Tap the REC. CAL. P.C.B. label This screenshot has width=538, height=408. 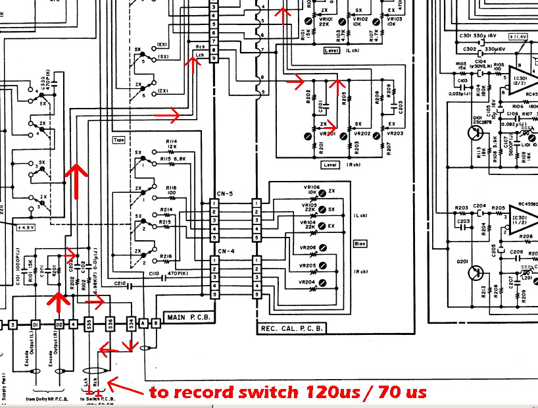click(x=287, y=329)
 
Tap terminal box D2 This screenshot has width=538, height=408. click(x=59, y=324)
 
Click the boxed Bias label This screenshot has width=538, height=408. click(x=360, y=243)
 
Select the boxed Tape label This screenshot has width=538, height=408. click(x=119, y=140)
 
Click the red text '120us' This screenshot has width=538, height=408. click(x=330, y=392)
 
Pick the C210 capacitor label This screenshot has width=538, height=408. click(x=120, y=284)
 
